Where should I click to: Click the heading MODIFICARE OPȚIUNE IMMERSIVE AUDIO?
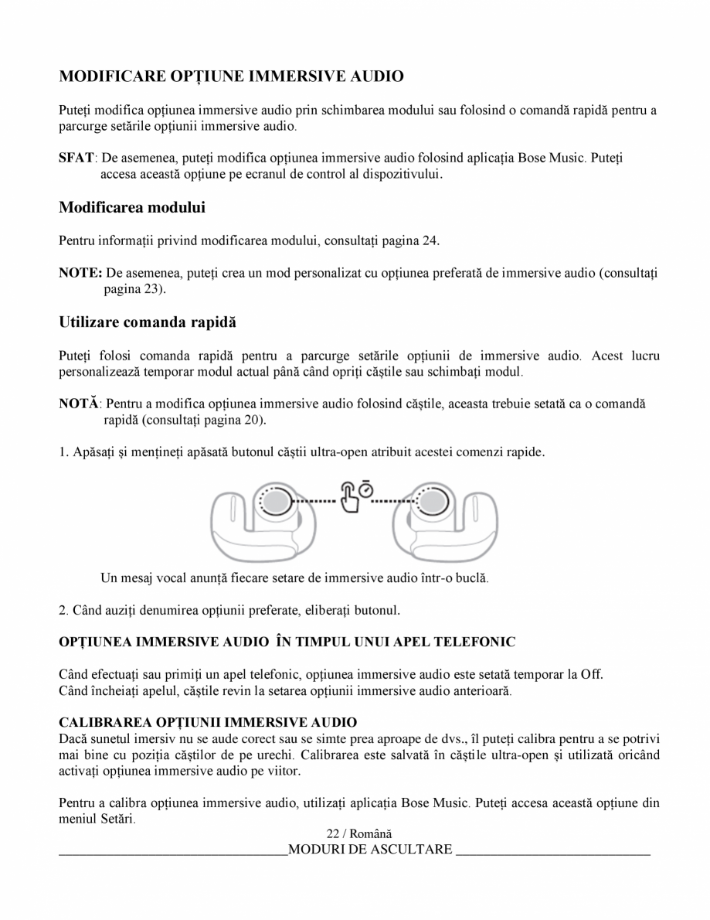231,77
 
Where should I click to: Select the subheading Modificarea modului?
132,208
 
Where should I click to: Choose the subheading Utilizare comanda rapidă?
148,322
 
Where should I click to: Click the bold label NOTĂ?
79,404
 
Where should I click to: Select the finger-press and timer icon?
356,496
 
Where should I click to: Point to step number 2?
63,611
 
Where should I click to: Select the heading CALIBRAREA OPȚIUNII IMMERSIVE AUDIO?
208,722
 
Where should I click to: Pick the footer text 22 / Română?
359,834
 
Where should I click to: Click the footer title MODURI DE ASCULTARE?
370,850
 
